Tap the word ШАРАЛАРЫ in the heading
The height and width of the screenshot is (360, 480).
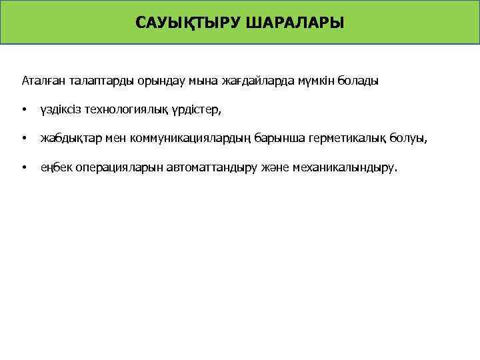(295, 24)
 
